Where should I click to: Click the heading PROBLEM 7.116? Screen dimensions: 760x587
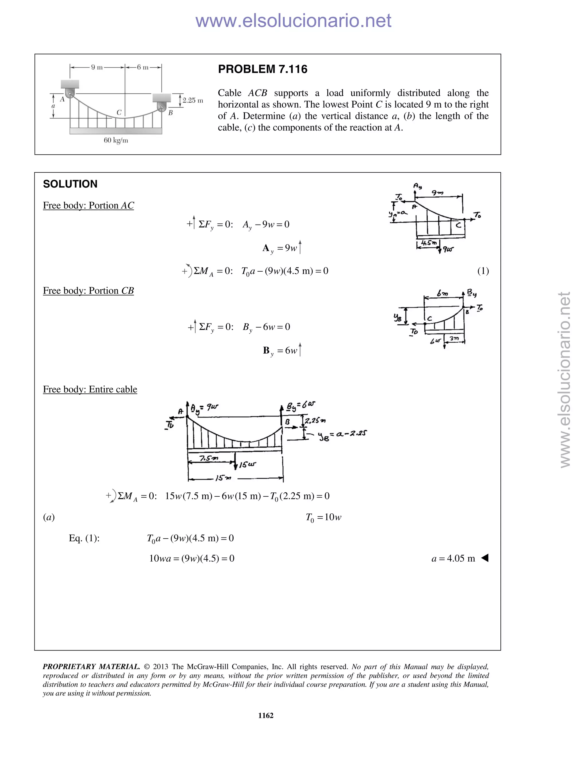point(263,69)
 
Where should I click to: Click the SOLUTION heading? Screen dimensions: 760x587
point(70,184)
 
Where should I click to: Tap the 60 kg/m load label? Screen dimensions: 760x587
point(116,141)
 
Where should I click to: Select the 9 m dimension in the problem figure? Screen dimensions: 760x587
point(97,67)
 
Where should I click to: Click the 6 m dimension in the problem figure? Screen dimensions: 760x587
point(142,67)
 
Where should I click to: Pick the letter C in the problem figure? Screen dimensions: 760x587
point(119,112)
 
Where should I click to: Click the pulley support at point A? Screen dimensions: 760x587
point(70,93)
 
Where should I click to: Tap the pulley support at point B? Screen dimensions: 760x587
point(161,106)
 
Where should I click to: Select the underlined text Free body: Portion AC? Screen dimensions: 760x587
point(88,206)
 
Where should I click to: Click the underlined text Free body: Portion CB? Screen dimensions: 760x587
point(88,291)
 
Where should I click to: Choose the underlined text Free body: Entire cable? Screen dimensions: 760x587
point(90,389)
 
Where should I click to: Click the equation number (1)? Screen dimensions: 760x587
point(483,271)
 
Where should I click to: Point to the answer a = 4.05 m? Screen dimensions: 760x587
point(453,558)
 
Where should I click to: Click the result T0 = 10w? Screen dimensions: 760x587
point(323,517)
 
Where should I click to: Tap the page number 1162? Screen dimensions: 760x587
point(266,716)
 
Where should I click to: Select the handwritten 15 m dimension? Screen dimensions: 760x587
point(223,478)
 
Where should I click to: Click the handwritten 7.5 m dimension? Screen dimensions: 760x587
point(209,458)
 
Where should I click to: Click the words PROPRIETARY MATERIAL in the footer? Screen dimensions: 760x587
point(91,667)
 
